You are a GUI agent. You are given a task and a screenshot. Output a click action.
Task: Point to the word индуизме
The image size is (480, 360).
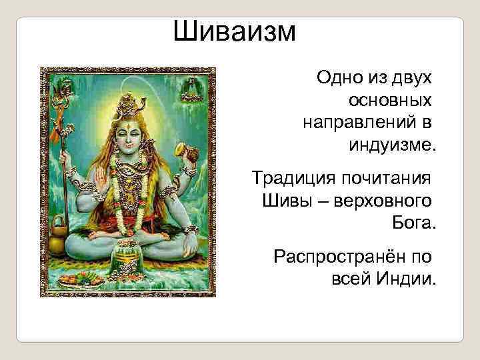coord(391,145)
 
